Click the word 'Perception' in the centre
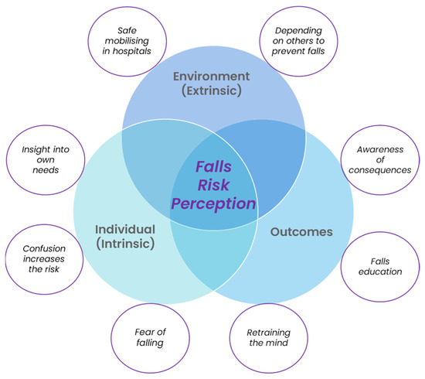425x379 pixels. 212,204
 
